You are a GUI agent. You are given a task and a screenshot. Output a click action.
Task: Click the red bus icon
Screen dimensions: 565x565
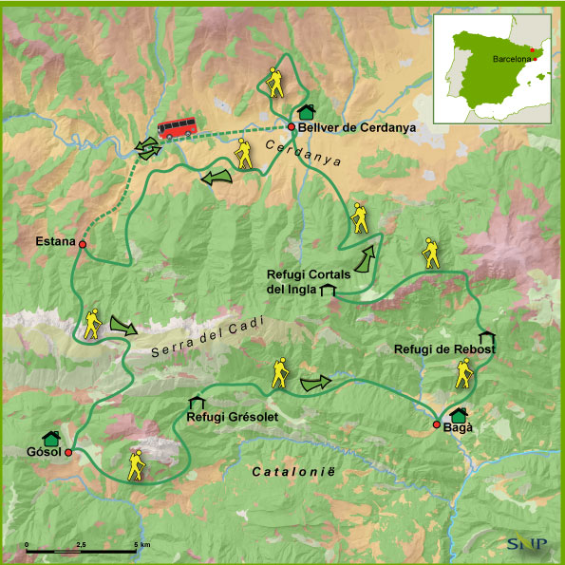(x=178, y=127)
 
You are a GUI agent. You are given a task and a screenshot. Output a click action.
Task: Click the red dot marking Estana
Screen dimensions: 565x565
(x=83, y=245)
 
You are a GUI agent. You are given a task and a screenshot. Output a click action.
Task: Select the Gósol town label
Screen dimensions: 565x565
(x=42, y=453)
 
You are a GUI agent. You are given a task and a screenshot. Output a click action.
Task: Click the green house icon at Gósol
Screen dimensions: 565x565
(x=53, y=438)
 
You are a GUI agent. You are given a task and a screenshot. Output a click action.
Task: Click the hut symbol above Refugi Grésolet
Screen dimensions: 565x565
(x=197, y=402)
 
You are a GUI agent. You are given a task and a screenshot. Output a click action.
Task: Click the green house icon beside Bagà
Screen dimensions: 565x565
(x=460, y=414)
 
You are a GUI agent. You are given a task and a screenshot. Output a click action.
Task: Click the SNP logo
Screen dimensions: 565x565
(x=524, y=545)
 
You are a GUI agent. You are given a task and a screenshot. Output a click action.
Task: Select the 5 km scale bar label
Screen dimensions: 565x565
(x=141, y=544)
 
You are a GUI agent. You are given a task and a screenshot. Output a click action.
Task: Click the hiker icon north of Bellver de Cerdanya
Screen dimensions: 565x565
(x=274, y=83)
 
